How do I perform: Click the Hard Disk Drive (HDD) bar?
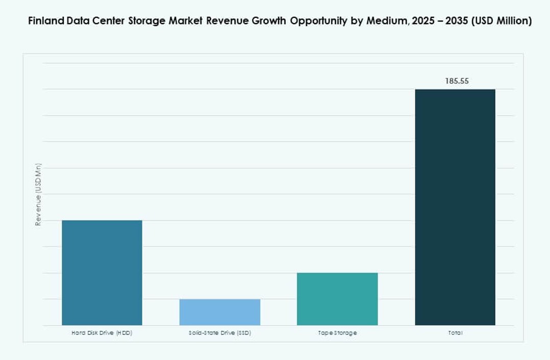102,273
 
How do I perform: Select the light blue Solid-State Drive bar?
219,312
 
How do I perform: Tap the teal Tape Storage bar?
337,299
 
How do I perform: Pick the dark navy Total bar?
455,207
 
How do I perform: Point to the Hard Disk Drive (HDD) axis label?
102,333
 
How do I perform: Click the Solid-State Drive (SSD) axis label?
219,333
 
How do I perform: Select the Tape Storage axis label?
337,333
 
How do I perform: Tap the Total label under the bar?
455,333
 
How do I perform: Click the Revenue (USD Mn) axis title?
38,195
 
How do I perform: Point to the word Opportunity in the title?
313,21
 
